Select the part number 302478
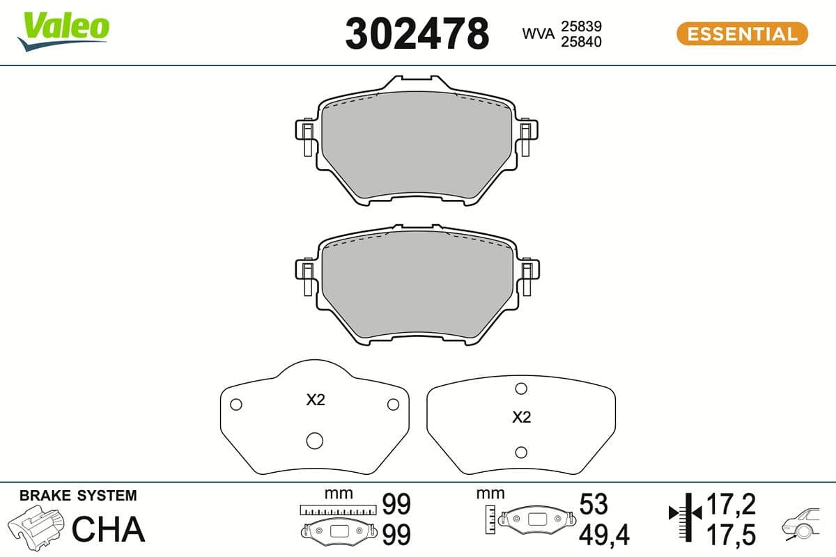pyautogui.click(x=417, y=33)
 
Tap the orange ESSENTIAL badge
pyautogui.click(x=741, y=33)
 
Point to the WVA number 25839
pyautogui.click(x=581, y=26)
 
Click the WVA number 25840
pyautogui.click(x=581, y=42)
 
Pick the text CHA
pyautogui.click(x=109, y=529)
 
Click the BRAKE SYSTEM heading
pyautogui.click(x=78, y=496)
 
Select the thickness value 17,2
pyautogui.click(x=731, y=503)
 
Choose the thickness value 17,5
pyautogui.click(x=731, y=534)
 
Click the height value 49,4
pyautogui.click(x=604, y=535)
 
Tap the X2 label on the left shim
pyautogui.click(x=316, y=400)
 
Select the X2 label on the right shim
pyautogui.click(x=521, y=418)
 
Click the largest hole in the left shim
pyautogui.click(x=314, y=440)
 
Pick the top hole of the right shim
pyautogui.click(x=520, y=389)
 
